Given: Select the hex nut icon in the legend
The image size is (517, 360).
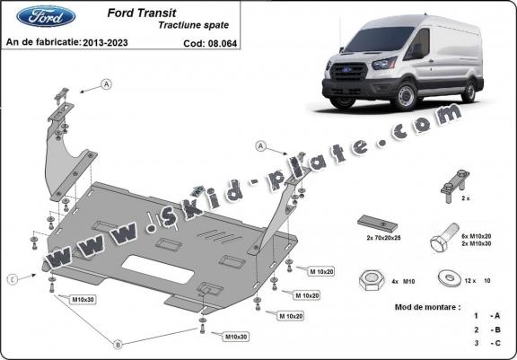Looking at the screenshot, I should [368, 277].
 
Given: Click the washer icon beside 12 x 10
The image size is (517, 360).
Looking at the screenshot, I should [447, 277].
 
